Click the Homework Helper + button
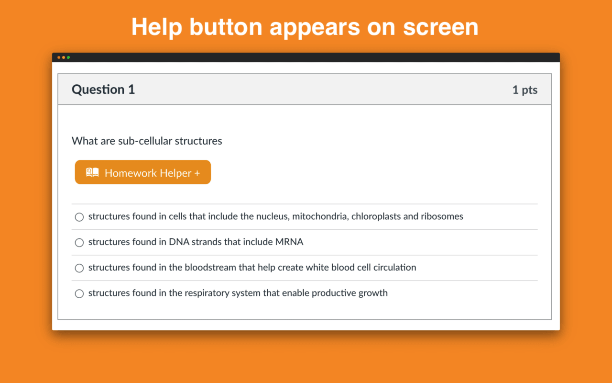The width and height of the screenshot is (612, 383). (143, 172)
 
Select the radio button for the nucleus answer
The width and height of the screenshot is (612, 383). (79, 217)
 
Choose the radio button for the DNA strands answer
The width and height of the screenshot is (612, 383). (79, 242)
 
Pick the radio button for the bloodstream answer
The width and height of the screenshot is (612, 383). (79, 268)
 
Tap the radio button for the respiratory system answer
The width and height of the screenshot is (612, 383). (79, 293)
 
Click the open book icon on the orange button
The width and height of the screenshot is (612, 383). (92, 172)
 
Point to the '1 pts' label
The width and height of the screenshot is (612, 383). (525, 90)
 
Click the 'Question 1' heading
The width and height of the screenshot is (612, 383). (103, 90)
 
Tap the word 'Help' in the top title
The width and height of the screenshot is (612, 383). (157, 27)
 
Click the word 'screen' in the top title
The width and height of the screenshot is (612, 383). (441, 27)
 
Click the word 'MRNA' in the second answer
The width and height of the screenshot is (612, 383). (289, 242)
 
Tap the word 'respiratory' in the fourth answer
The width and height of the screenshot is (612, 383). (207, 293)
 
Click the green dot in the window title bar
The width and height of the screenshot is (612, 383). (68, 57)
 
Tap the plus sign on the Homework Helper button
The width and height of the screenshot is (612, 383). (197, 173)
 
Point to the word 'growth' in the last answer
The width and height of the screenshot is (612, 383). (373, 293)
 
